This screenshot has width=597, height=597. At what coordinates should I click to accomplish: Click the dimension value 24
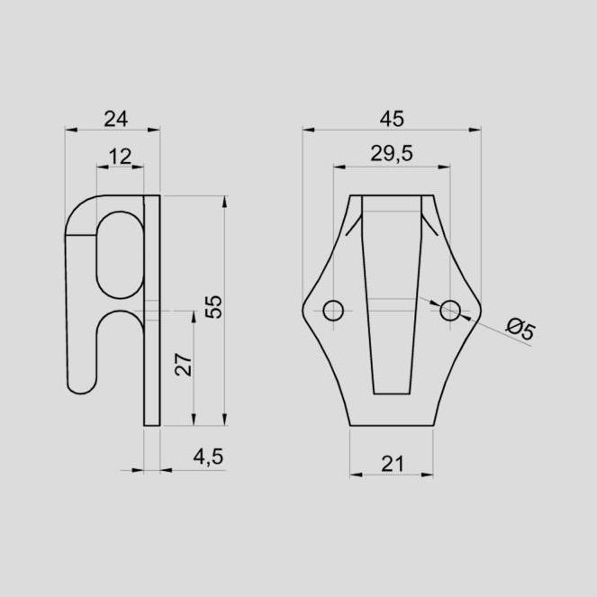coord(116,119)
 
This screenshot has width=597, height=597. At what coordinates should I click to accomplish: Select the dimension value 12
coord(120,157)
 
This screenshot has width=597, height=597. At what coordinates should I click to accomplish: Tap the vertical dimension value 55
coord(213,306)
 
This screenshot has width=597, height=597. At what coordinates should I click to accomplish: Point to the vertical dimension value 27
coord(184,365)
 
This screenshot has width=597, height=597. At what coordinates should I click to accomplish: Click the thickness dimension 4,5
coord(208,457)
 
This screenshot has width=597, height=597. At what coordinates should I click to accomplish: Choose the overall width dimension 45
coord(392,119)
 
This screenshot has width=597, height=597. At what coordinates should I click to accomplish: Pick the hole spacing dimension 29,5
coord(392,154)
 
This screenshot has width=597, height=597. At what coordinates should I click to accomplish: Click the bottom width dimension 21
coord(393,464)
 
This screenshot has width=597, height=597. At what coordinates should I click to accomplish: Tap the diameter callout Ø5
coord(521,330)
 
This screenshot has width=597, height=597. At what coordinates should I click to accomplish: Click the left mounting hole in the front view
coord(333,311)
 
